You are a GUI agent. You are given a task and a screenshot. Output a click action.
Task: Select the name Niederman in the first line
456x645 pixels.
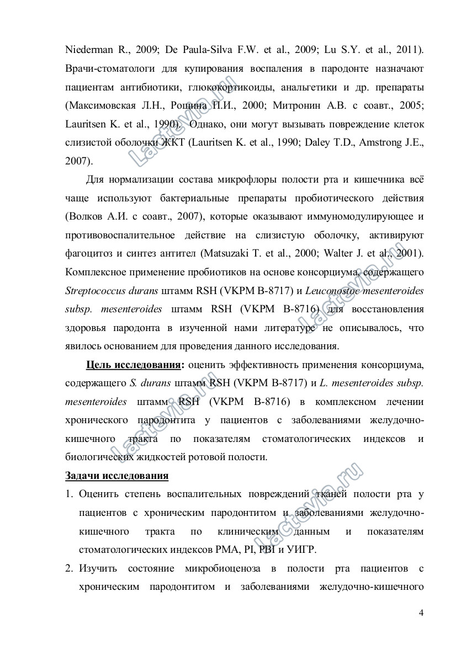pyautogui.click(x=88, y=50)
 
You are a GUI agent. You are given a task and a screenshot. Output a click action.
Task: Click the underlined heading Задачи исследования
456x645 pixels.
pyautogui.click(x=117, y=475)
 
